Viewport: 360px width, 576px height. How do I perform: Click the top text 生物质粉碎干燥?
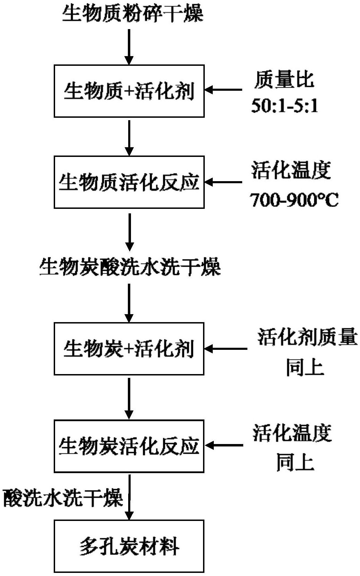133,14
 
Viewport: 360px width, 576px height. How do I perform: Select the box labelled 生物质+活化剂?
129,91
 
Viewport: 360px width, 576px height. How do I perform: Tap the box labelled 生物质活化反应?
129,182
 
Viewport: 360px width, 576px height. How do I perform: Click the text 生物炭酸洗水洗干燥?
130,267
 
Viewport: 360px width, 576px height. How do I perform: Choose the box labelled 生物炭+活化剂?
129,349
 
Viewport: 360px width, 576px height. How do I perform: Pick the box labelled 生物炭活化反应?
129,446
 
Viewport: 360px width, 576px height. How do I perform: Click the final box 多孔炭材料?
129,546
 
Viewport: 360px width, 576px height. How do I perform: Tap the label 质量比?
284,80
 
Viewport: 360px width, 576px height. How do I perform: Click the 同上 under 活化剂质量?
305,367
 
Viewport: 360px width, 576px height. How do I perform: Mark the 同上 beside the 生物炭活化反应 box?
295,462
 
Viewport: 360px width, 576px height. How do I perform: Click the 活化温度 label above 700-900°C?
291,170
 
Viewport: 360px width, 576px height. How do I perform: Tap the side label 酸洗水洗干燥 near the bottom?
63,498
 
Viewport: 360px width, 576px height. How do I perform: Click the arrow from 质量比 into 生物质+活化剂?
223,90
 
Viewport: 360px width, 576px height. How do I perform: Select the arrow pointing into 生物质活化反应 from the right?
223,182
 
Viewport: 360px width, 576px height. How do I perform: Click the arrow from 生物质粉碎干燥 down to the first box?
129,47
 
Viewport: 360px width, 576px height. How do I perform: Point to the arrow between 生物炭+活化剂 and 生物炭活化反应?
129,398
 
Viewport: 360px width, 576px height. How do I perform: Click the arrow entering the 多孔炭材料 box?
129,497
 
